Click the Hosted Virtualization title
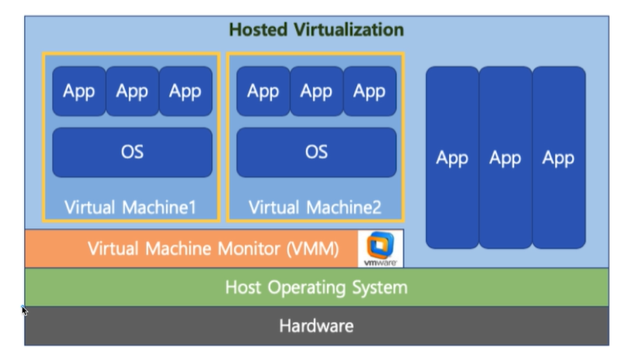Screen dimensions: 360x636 coord(316,30)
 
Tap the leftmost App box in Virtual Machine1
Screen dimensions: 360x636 coord(79,91)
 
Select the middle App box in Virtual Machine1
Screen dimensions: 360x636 coord(132,91)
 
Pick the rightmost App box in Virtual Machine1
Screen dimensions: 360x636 coord(185,91)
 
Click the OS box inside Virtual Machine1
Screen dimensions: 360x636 coord(132,151)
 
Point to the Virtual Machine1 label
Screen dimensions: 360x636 coord(131,207)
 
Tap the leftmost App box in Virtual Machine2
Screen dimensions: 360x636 coord(263,91)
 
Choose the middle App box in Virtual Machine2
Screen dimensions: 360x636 coord(316,91)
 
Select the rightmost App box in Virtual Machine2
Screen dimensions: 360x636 coord(369,91)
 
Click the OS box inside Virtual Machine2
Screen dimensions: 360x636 coord(316,151)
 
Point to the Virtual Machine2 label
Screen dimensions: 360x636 coord(315,207)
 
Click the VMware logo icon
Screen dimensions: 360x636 coord(380,248)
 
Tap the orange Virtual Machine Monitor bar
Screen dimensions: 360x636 coord(193,249)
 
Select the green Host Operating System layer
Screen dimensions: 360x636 coord(316,287)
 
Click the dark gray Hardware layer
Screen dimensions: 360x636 coord(316,326)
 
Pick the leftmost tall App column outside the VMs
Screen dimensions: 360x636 coord(452,158)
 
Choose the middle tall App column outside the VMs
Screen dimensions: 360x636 coord(505,158)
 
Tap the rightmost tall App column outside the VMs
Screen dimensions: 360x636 coord(558,158)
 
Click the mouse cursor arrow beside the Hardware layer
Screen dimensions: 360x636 coord(25,311)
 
